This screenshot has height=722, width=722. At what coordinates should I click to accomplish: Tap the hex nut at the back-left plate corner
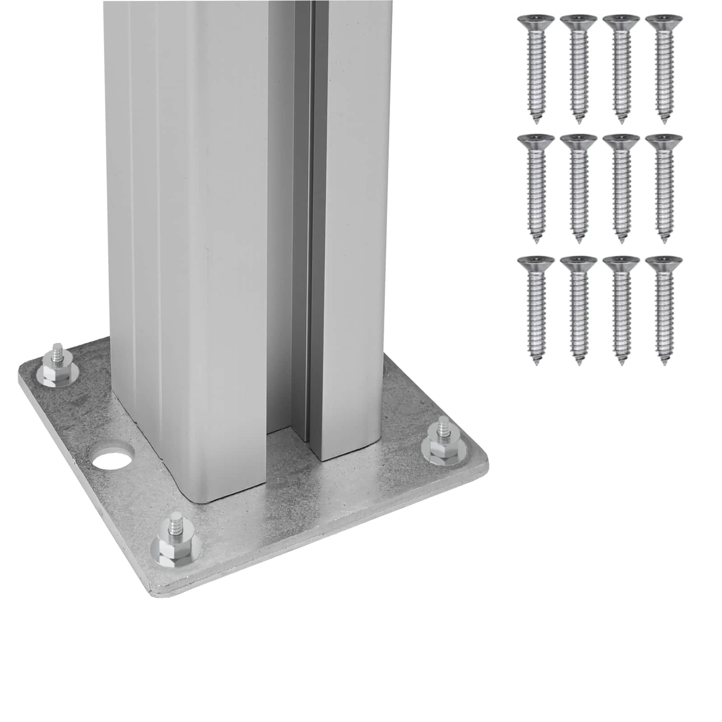pos(58,373)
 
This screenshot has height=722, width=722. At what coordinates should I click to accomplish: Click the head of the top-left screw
pos(536,21)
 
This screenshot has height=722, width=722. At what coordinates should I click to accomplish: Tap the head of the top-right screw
pos(663,21)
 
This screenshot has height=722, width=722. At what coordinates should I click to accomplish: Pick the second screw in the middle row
pos(579,185)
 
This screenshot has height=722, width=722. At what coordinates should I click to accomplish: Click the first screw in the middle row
pos(536,185)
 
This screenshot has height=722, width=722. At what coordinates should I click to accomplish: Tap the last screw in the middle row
pos(663,185)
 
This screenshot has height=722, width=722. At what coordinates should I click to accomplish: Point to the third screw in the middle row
pos(621,185)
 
